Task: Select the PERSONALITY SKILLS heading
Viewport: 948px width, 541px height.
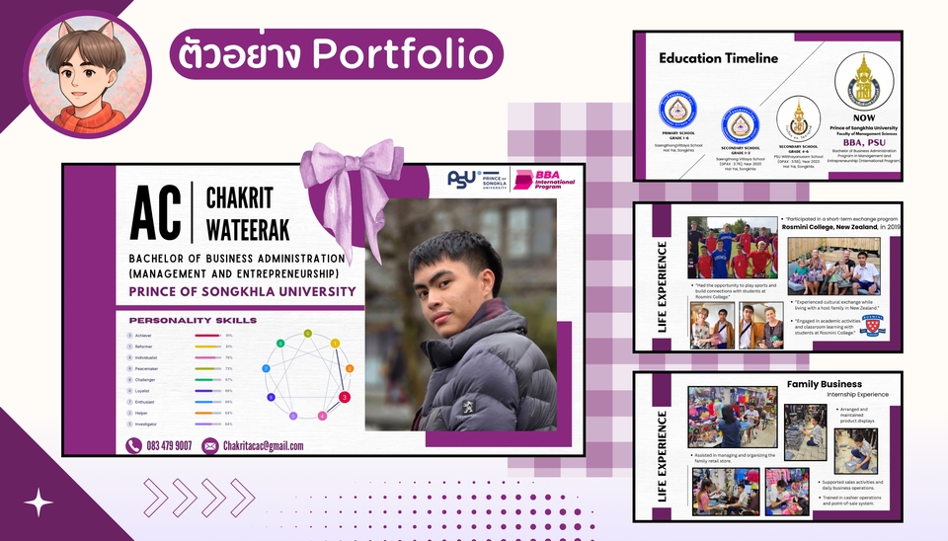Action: coord(193,320)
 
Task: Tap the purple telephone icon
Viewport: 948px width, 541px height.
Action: coord(135,445)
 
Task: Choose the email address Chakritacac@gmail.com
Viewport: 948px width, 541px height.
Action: coord(263,445)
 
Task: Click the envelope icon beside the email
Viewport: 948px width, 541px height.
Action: coord(209,445)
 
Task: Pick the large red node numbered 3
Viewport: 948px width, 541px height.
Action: coord(344,397)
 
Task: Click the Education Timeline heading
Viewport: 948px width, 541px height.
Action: coord(718,58)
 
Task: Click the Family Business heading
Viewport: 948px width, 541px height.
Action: coord(824,384)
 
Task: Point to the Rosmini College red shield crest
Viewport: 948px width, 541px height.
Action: coord(872,325)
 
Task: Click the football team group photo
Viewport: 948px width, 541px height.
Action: coord(732,248)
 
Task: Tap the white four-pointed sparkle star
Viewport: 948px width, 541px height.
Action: coord(39,503)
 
